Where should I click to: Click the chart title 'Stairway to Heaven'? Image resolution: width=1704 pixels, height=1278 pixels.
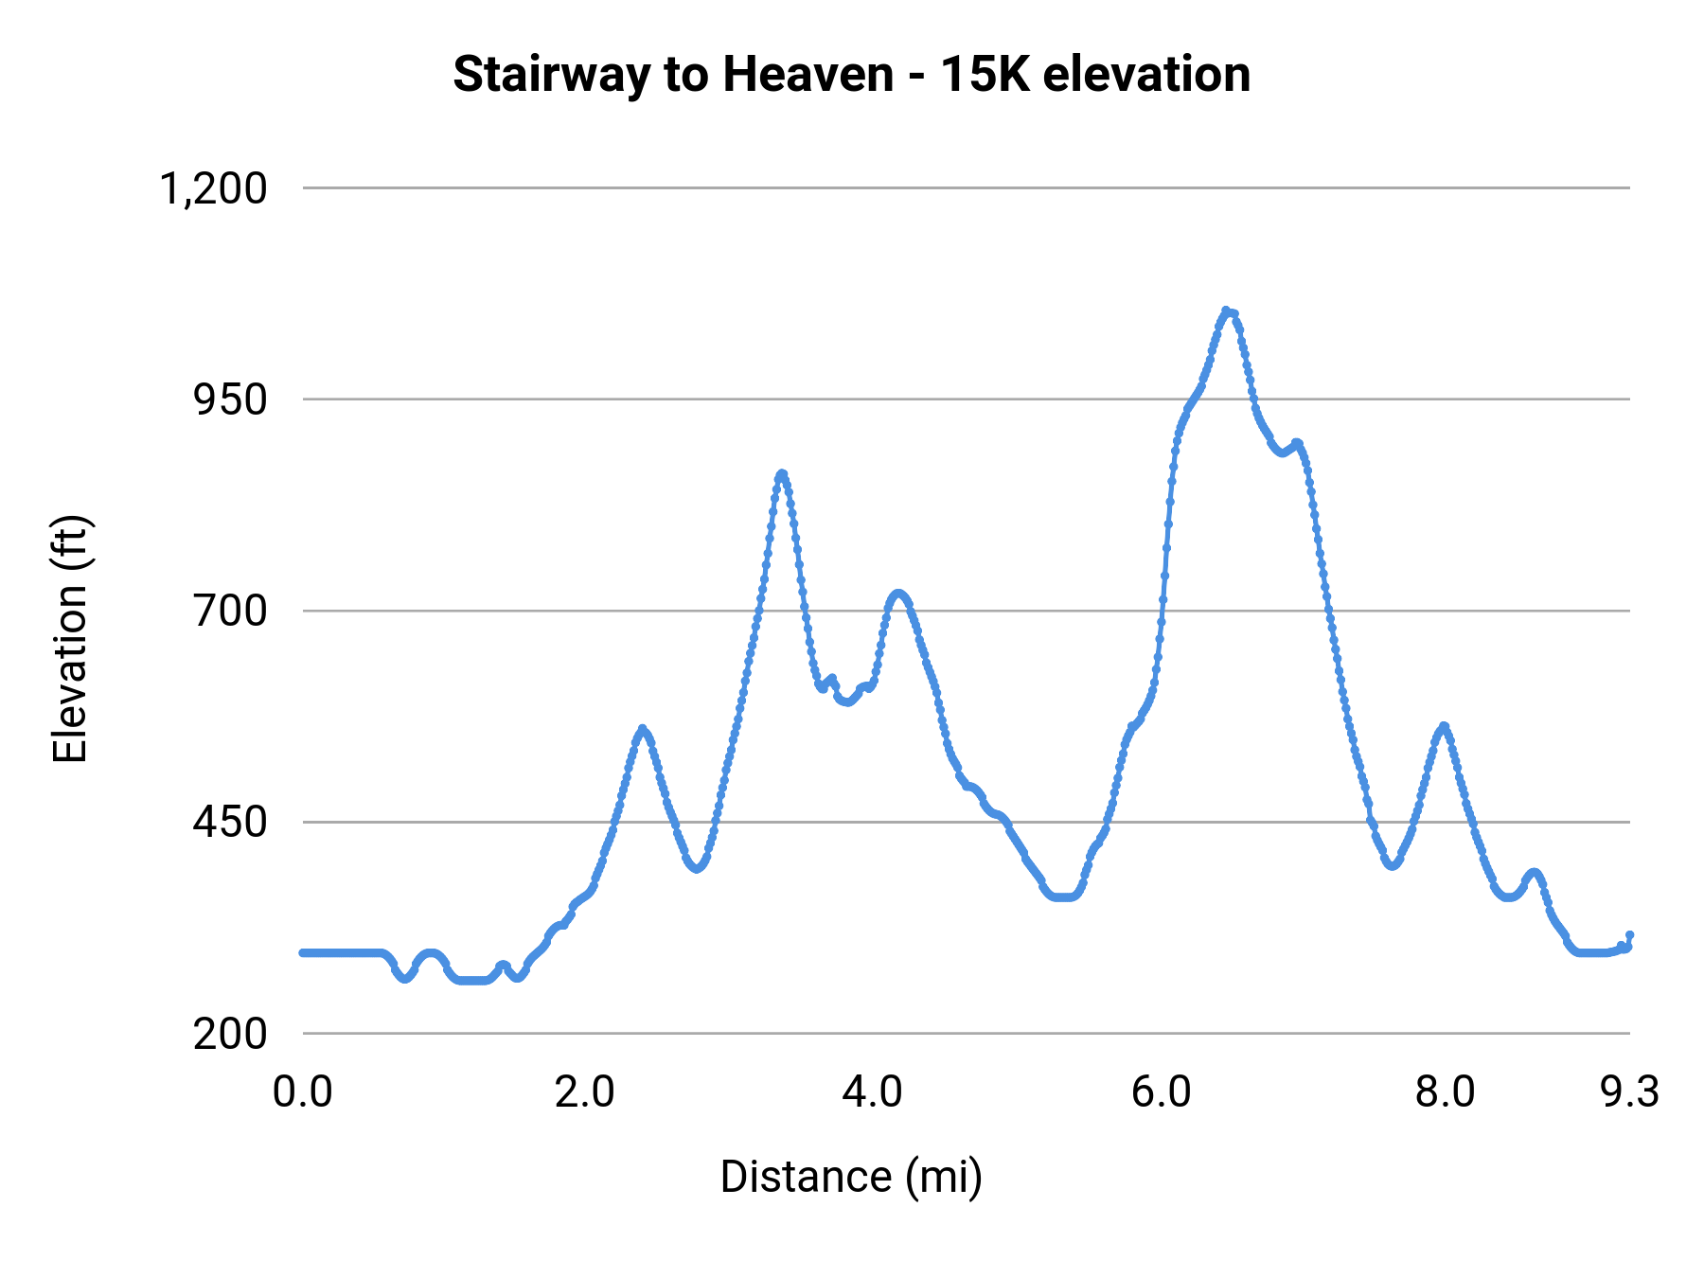851,74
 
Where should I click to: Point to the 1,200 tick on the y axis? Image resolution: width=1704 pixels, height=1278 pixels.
213,188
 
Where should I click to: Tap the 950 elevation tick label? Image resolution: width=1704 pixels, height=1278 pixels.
230,399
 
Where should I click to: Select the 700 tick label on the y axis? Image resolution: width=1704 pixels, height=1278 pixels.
230,611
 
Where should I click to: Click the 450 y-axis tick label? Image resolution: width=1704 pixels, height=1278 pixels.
230,822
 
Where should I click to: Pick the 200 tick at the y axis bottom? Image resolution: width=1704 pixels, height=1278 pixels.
230,1033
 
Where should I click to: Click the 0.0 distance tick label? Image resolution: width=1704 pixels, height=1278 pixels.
302,1092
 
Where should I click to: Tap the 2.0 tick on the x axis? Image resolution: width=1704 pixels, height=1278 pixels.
584,1092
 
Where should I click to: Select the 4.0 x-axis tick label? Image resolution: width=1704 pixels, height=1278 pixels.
872,1092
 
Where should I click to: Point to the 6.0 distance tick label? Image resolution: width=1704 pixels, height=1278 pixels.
1161,1092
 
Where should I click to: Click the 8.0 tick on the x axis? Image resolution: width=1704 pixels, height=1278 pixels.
1445,1092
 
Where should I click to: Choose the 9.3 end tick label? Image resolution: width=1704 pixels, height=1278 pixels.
1629,1092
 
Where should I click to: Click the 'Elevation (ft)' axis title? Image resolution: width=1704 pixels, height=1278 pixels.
69,639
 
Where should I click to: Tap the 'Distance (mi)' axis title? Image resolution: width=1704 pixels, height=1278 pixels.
851,1177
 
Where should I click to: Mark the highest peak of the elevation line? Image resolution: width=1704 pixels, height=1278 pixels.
1226,311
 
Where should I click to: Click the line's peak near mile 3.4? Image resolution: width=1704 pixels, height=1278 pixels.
781,473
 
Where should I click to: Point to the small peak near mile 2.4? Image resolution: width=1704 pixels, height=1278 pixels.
642,729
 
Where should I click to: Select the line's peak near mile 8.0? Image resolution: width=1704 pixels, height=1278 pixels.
1443,726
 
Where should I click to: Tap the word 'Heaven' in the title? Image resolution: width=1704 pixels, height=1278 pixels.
808,74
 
